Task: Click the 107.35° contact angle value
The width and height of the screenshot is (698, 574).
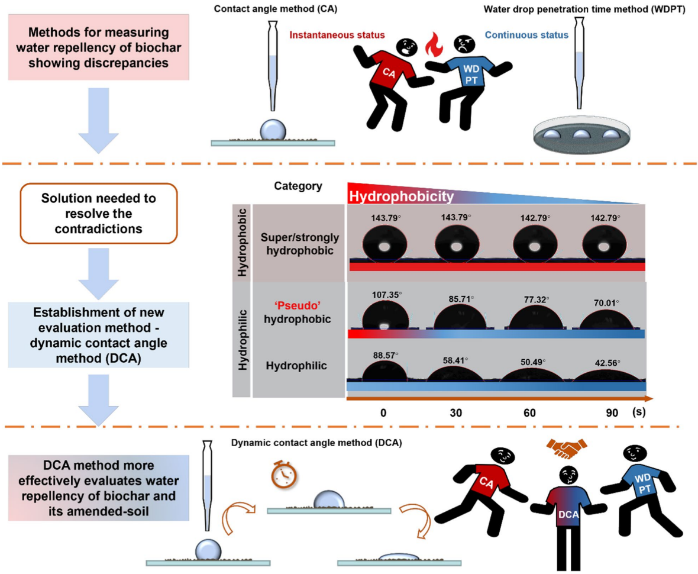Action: pos(384,294)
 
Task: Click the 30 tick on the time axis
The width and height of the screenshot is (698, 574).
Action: pos(456,412)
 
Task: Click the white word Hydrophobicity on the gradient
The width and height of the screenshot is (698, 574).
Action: pos(402,196)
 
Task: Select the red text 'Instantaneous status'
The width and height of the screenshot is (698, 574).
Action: pos(337,36)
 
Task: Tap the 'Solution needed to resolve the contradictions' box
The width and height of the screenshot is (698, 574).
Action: pos(99,213)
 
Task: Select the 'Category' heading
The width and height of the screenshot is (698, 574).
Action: pos(298,186)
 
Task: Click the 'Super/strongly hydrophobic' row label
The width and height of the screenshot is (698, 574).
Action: pos(298,244)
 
